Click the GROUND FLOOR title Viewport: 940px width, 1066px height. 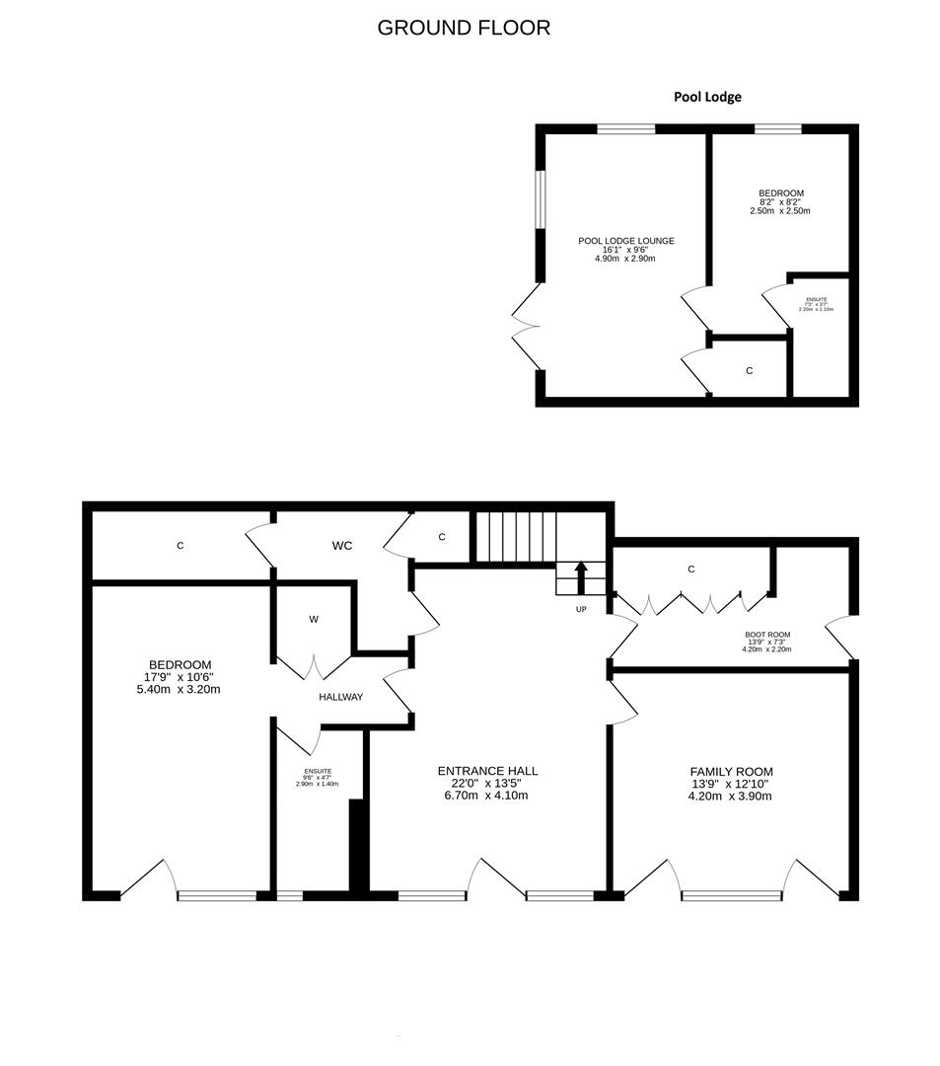click(464, 28)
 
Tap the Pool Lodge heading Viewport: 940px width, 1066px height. click(707, 97)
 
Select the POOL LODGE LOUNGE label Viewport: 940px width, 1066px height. click(625, 241)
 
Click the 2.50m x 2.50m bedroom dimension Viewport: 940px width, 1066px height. click(780, 211)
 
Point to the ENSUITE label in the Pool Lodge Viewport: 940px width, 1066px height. click(816, 299)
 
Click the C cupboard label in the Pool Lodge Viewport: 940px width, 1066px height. click(750, 371)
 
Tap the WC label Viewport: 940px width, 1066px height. click(342, 545)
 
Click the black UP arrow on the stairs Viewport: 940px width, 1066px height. click(581, 573)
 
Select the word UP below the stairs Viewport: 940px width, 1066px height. click(581, 609)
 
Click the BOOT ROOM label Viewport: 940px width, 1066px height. click(766, 635)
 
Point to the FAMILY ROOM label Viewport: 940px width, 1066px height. click(731, 772)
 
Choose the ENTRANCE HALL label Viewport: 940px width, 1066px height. click(487, 771)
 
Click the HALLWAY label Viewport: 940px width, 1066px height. click(340, 697)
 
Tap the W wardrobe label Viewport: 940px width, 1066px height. click(314, 620)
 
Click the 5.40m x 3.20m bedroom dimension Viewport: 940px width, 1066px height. click(181, 689)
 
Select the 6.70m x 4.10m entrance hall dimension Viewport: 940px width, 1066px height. click(487, 795)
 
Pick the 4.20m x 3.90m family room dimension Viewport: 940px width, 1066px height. click(730, 796)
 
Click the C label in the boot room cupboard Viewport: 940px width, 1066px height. click(691, 570)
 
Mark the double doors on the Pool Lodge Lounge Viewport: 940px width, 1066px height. click(524, 327)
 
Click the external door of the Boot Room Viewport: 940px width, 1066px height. click(841, 637)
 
